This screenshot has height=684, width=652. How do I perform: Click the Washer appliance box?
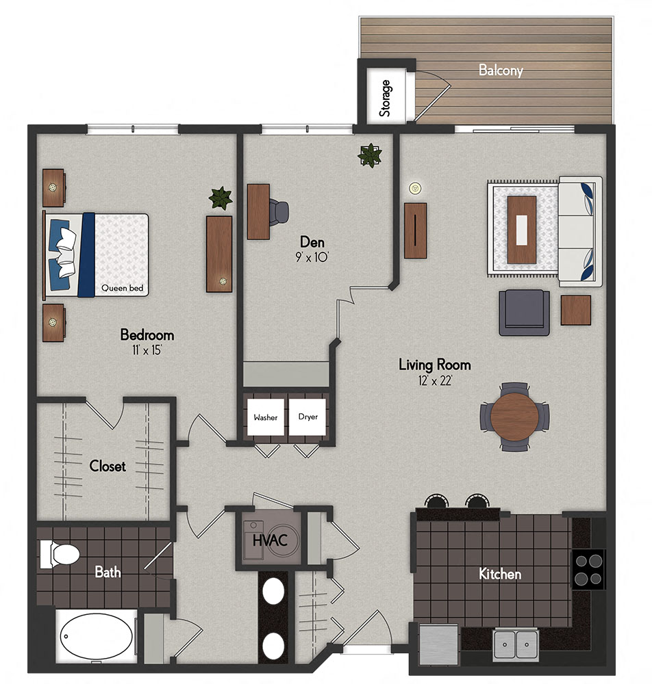point(265,417)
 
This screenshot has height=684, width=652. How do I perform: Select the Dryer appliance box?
point(308,417)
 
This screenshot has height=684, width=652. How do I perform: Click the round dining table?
point(515,416)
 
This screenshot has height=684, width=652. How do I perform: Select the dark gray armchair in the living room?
point(524,313)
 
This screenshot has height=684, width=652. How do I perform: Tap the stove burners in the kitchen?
point(588,570)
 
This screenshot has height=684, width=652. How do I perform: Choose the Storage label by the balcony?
point(386,98)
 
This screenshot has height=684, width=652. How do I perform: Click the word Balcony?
point(501,70)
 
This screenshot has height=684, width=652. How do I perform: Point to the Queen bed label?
point(123,289)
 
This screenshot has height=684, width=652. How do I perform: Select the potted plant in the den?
point(370,155)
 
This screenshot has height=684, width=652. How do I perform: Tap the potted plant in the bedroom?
point(220,198)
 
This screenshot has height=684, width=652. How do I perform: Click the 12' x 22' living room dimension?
point(434,381)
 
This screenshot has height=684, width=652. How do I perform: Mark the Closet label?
point(108,466)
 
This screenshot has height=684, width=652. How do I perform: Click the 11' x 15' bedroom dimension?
point(147,350)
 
